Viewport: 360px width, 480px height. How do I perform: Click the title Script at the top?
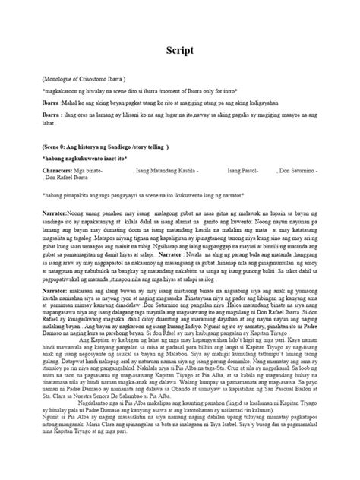point(180,50)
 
